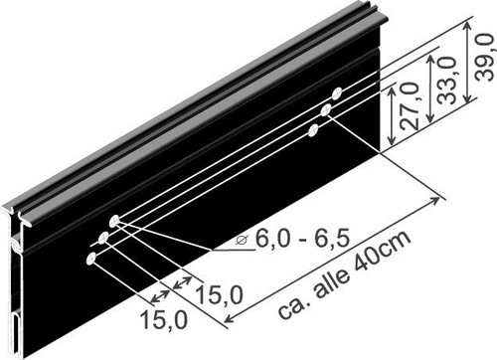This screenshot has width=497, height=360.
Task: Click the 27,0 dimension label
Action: [x=409, y=105]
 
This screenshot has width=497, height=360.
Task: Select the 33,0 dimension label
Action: [x=446, y=80]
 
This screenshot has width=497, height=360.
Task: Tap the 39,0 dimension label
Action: [x=485, y=57]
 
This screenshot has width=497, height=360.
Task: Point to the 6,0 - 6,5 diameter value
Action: [x=302, y=239]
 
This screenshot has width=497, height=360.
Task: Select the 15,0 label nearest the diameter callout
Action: [x=220, y=294]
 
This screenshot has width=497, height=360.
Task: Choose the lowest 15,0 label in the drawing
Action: [x=164, y=319]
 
